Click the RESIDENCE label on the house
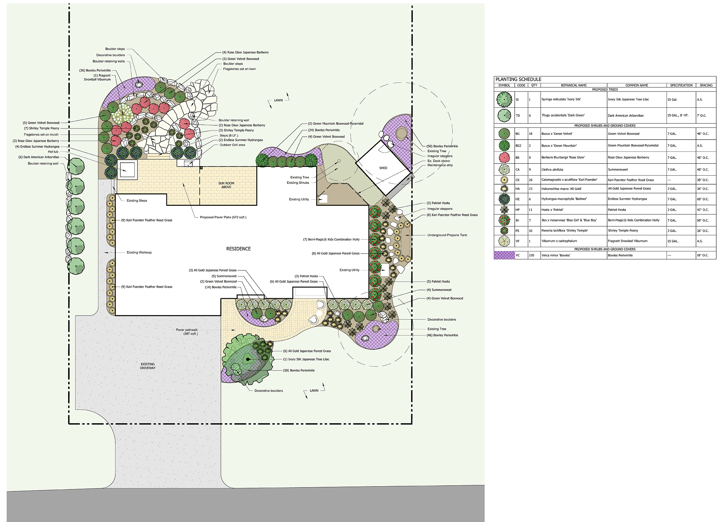click(239, 249)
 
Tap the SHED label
click(383, 168)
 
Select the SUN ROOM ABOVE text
click(226, 185)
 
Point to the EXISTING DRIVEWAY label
click(147, 366)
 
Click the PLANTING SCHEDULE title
click(518, 79)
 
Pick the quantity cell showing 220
click(531, 255)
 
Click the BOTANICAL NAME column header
click(574, 85)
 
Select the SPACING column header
click(706, 85)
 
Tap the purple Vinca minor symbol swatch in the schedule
click(504, 255)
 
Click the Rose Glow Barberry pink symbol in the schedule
click(504, 158)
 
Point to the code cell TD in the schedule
click(518, 116)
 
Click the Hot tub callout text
click(53, 152)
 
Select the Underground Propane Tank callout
click(447, 235)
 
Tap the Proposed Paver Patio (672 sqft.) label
click(223, 217)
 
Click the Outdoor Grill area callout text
click(232, 145)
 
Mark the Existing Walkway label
click(139, 252)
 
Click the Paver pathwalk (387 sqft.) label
click(187, 332)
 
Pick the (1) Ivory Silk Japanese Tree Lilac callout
click(306, 359)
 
